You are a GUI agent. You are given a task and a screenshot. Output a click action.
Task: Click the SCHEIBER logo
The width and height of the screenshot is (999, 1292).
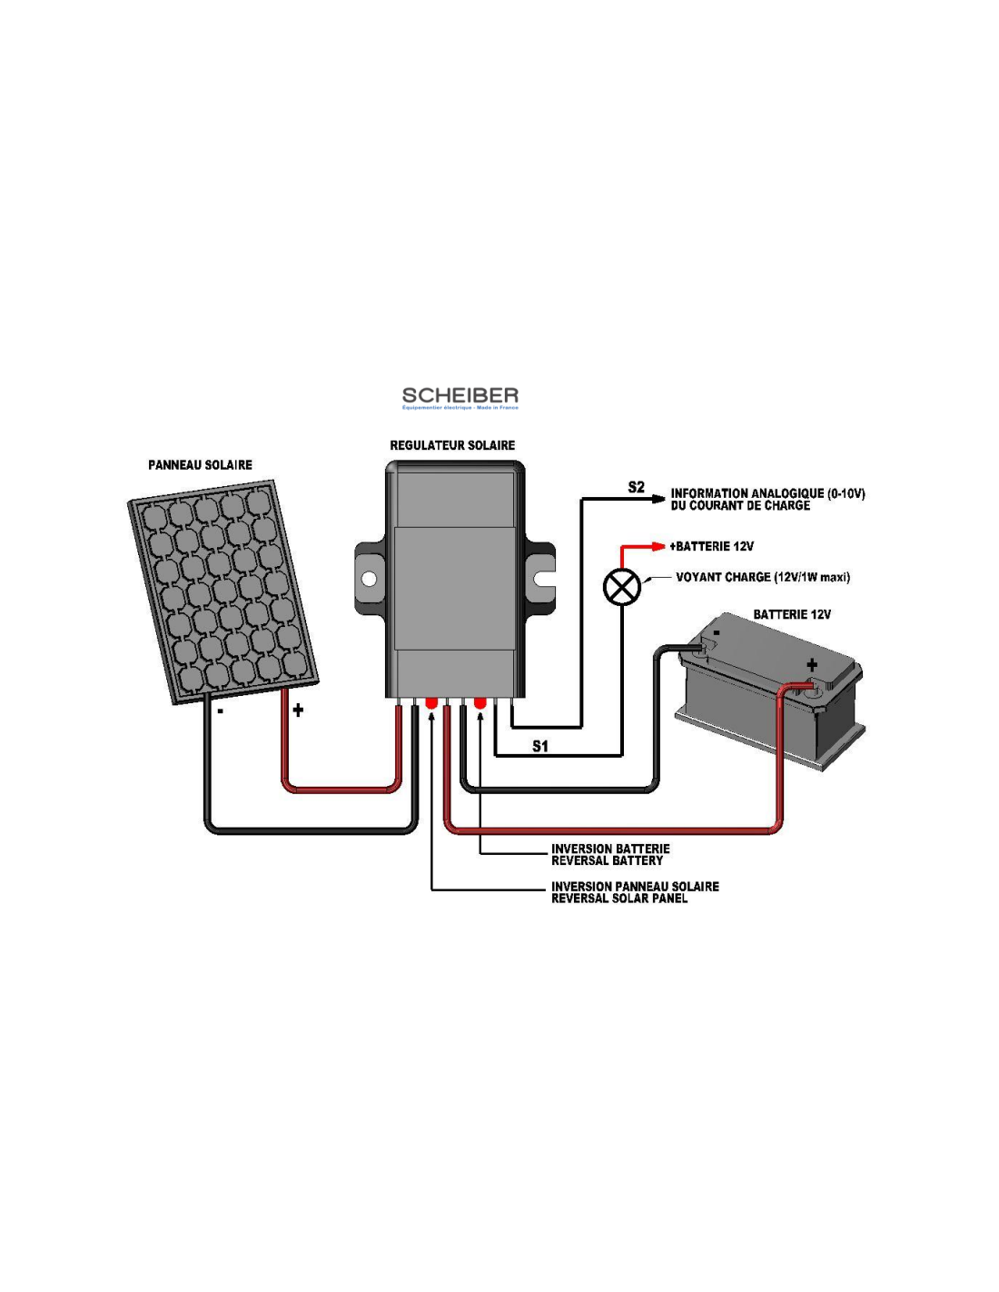pos(460,397)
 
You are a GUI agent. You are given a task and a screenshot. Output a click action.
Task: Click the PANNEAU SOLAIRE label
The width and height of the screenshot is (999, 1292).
pos(200,465)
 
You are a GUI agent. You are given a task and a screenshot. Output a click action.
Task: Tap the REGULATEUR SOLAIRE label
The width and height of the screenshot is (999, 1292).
pos(452,445)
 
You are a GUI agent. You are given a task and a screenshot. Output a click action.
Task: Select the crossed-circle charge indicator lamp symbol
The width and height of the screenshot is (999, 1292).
pos(622,587)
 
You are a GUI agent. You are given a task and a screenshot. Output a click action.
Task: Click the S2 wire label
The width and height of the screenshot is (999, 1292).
pos(636,488)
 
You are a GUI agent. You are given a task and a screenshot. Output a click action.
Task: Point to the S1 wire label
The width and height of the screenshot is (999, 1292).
pos(540,746)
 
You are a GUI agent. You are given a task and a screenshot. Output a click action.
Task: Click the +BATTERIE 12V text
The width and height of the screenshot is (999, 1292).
pos(712,546)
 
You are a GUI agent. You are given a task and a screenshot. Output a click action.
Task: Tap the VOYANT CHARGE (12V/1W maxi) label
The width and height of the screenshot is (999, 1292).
pos(763,577)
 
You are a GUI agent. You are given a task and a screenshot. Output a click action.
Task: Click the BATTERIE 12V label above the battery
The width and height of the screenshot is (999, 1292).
pos(792,614)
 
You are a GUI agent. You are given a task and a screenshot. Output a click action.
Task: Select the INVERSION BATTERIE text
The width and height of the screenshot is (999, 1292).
pos(610,849)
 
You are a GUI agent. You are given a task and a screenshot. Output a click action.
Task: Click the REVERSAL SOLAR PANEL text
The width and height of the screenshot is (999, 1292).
pos(619,899)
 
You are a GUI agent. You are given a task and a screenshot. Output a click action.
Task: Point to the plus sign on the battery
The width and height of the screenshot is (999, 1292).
pos(811,664)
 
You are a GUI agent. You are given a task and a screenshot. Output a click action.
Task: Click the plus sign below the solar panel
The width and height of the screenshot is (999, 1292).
pos(298,711)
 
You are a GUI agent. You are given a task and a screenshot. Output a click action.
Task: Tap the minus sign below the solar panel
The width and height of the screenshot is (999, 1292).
pos(220,711)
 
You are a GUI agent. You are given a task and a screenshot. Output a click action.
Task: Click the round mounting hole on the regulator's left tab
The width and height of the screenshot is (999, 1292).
pos(369,579)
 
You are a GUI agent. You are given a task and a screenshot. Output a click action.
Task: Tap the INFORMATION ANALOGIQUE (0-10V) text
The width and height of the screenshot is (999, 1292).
pos(767,493)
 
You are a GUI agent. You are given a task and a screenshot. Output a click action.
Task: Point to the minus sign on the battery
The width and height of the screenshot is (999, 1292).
pos(717,633)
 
